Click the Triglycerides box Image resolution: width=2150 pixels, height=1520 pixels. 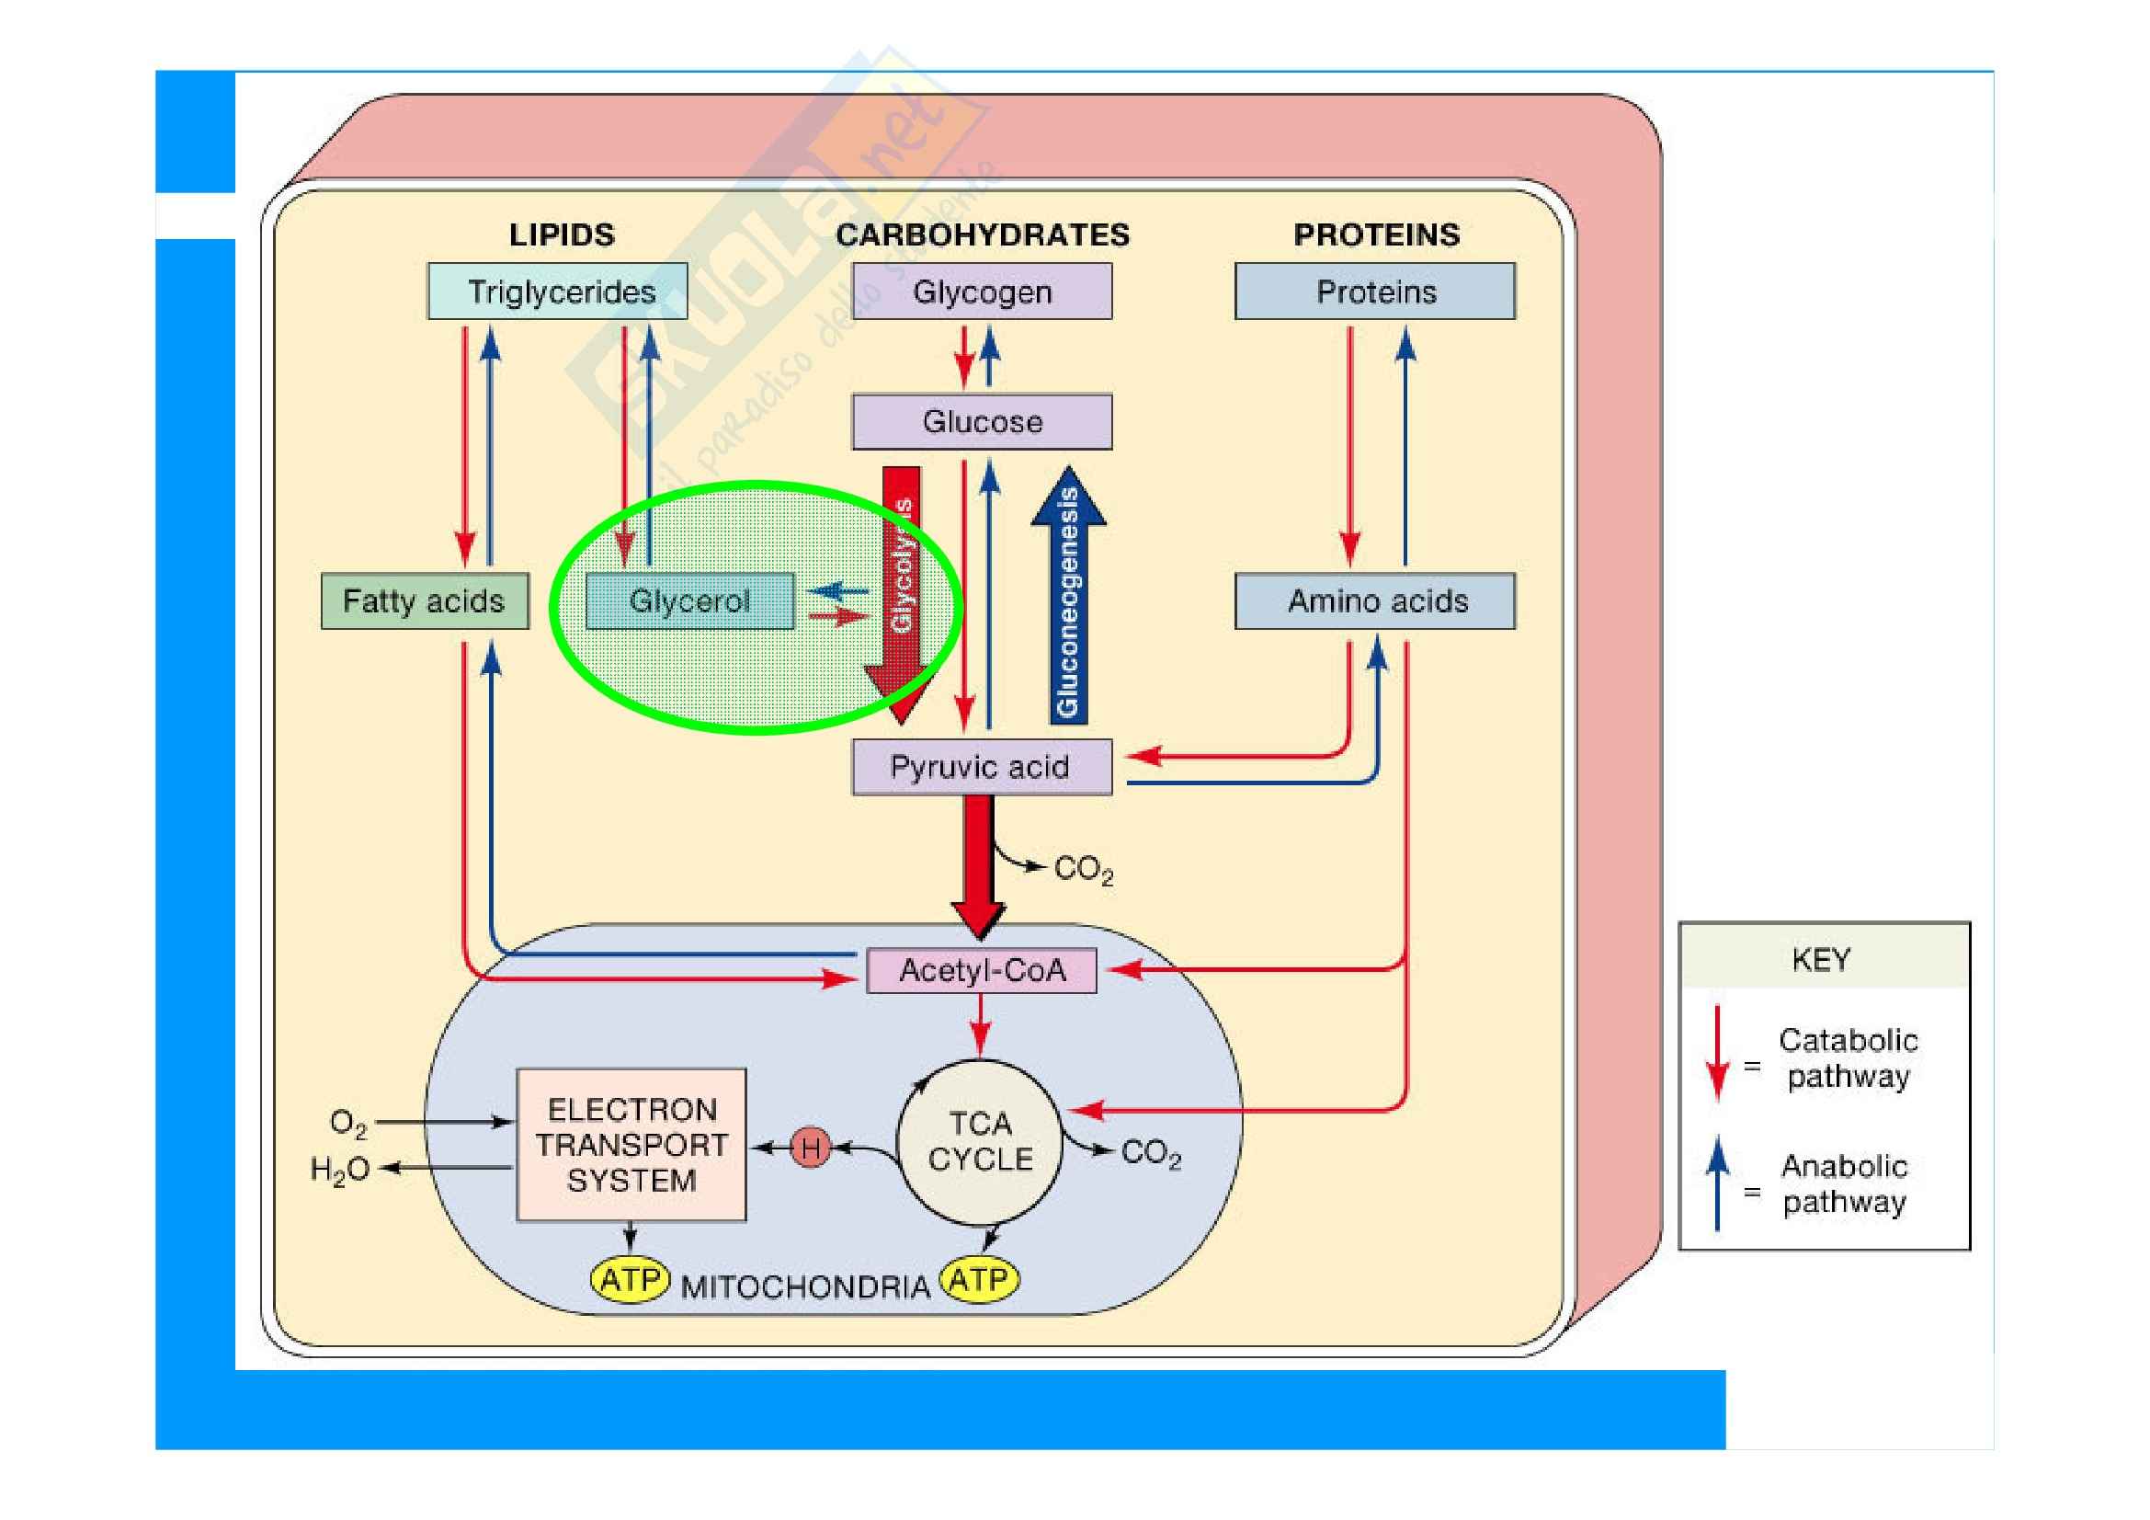point(557,291)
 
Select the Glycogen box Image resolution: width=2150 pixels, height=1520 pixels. point(982,291)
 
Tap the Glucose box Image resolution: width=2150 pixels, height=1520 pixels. point(982,421)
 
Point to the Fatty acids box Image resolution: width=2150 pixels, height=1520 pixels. point(424,600)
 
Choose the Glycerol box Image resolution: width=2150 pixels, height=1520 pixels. point(689,600)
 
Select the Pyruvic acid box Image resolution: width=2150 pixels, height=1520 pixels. point(982,767)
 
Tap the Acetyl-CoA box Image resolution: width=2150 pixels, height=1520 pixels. point(982,970)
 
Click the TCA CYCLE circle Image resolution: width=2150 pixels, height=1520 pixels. point(980,1142)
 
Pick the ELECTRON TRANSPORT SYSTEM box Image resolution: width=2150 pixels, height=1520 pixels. point(631,1145)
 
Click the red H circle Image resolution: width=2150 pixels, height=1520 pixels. point(811,1148)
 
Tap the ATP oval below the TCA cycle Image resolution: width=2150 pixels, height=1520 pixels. point(980,1279)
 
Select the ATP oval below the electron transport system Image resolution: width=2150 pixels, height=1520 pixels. point(631,1279)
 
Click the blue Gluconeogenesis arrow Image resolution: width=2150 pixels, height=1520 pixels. point(1067,600)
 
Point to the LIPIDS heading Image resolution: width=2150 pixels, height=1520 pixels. point(562,234)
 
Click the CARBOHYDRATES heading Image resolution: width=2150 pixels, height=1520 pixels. point(983,234)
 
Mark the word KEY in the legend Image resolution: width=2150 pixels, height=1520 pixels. point(1820,959)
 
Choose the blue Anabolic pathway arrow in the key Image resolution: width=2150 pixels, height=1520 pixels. point(1717,1182)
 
